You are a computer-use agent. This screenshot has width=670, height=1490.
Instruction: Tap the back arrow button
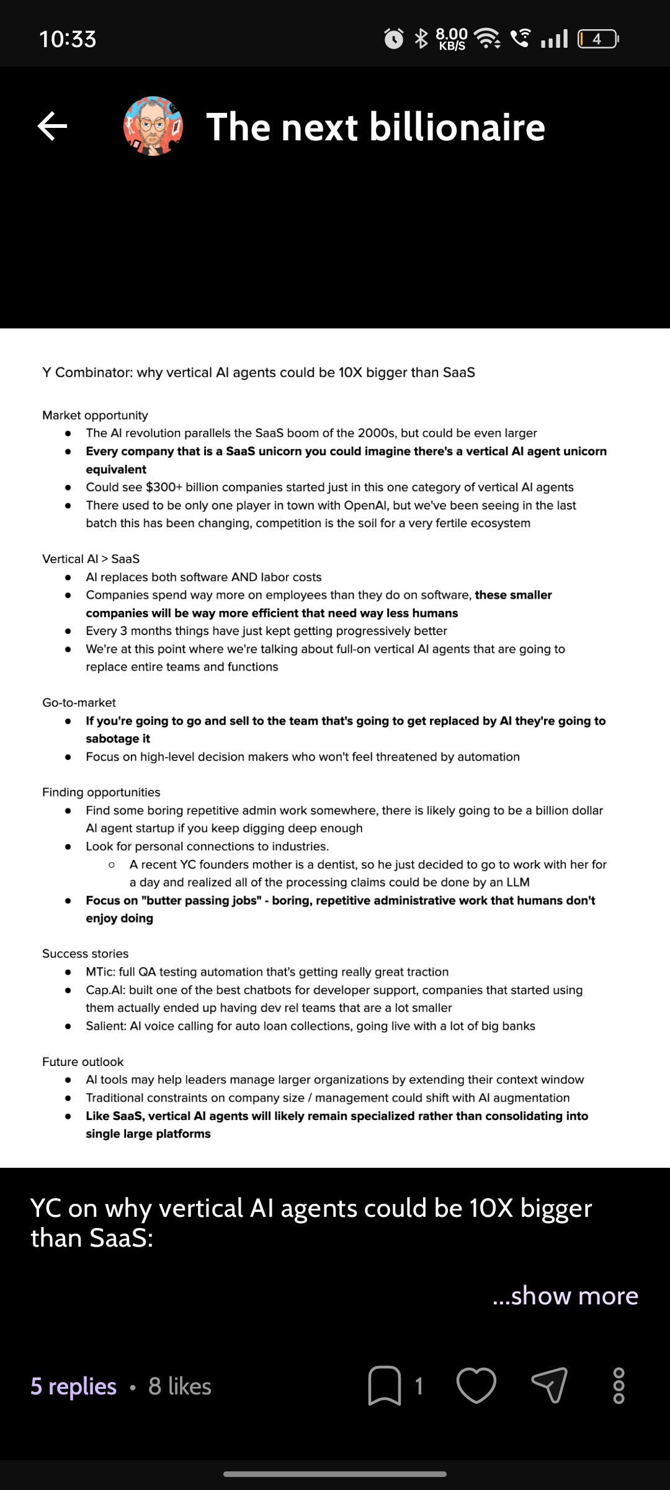click(53, 127)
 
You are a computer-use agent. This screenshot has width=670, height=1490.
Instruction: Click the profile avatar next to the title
click(153, 126)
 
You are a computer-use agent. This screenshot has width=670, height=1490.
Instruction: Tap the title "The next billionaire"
click(375, 127)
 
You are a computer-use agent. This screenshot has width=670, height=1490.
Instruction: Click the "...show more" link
click(565, 1295)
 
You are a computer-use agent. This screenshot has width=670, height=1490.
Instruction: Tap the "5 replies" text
click(73, 1386)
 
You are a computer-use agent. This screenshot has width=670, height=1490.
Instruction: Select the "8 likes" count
click(180, 1386)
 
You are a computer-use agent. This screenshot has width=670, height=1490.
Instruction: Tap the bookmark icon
click(384, 1385)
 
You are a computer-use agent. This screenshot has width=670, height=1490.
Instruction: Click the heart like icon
click(476, 1385)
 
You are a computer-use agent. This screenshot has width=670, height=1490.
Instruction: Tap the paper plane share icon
click(550, 1385)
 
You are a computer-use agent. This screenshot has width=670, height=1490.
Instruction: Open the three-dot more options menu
click(619, 1385)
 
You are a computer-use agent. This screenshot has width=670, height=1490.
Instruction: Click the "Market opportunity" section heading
click(95, 415)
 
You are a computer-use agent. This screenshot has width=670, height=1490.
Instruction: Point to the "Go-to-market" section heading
click(79, 703)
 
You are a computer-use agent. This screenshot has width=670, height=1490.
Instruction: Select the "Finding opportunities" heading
click(101, 792)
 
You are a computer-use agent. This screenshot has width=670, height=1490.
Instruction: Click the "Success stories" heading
click(85, 954)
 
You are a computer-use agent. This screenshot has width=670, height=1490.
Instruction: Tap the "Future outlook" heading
click(83, 1062)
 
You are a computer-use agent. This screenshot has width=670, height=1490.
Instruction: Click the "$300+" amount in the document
click(164, 487)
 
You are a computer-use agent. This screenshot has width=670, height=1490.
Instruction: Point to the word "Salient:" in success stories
click(106, 1026)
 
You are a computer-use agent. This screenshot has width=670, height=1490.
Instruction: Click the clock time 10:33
click(68, 39)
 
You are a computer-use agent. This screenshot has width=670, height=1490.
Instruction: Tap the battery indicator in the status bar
click(597, 39)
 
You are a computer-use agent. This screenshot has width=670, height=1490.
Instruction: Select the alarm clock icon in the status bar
click(394, 39)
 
